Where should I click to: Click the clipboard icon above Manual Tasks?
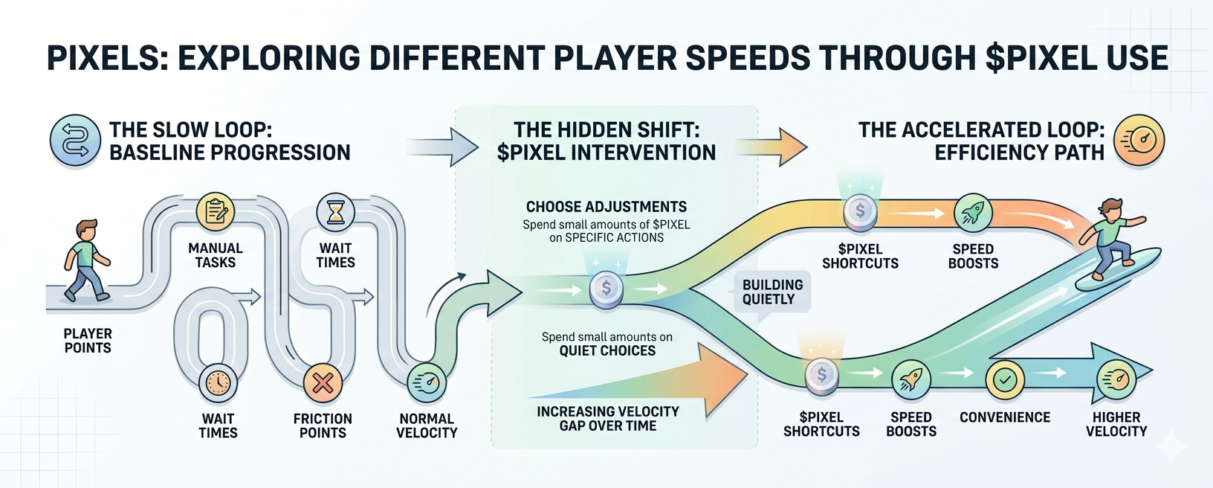[x=216, y=212]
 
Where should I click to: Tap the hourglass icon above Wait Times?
[x=336, y=213]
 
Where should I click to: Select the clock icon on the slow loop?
[x=218, y=383]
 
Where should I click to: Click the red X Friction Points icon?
[x=323, y=383]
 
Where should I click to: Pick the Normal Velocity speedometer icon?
[x=427, y=383]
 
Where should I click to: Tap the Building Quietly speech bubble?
[x=772, y=292]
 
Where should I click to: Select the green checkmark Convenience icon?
[x=1005, y=379]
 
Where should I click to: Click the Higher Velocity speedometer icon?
[x=1116, y=379]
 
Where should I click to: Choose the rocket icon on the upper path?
[x=973, y=213]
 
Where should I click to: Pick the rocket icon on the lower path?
[x=910, y=379]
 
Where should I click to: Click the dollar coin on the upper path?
[x=860, y=211]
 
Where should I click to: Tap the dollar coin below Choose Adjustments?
[x=606, y=289]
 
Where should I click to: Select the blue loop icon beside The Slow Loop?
[x=75, y=141]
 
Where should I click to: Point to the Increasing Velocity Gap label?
[x=608, y=418]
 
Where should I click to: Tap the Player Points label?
[x=88, y=341]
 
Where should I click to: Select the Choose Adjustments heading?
[x=606, y=207]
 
